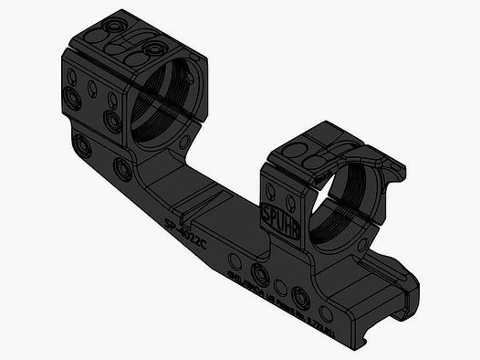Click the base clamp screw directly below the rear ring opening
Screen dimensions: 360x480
[122, 165]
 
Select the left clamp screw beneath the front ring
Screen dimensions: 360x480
[261, 274]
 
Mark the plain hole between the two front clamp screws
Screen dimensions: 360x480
[281, 285]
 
